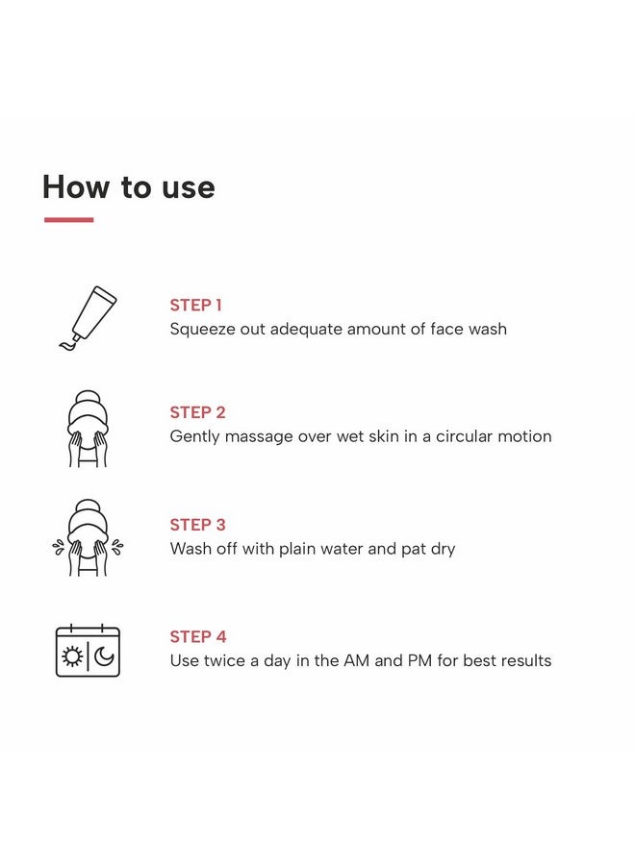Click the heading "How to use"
pos(129,186)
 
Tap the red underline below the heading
pos(69,219)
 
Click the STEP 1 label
pos(195,305)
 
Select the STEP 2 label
pos(197,412)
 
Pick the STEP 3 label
pos(197,525)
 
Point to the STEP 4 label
pos(198,636)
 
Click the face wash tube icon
pos(88,318)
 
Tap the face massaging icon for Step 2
pos(88,429)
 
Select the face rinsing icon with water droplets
pos(88,538)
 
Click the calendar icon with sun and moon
pos(88,651)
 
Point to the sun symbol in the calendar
pos(72,656)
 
